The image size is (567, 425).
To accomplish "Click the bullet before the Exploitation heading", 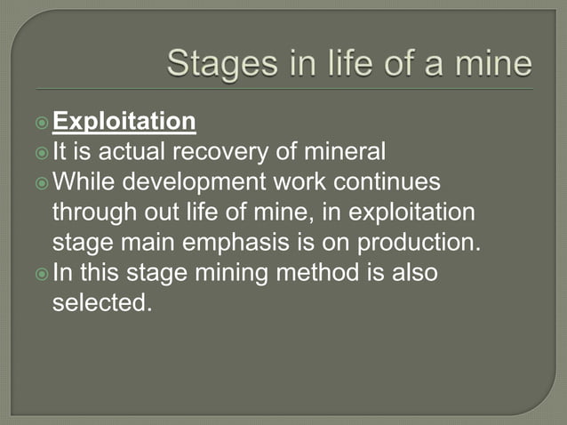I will [x=43, y=121].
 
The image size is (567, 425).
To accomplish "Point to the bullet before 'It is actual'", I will [x=43, y=151].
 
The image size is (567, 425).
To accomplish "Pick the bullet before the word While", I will [x=43, y=181].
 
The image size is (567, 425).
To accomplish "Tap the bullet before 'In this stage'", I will [x=43, y=273].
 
